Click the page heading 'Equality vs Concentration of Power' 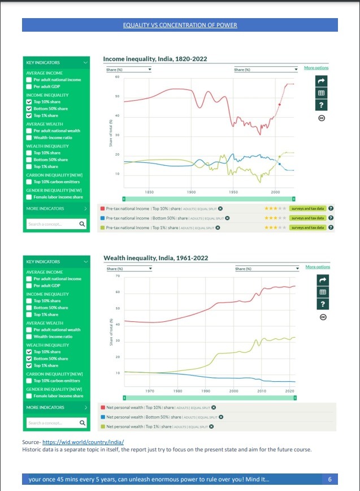tap(180, 25)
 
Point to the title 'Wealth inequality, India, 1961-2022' tap(155, 258)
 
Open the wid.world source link tap(83, 442)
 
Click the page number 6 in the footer tap(329, 480)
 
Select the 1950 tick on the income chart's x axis tap(233, 192)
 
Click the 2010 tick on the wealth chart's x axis tap(262, 391)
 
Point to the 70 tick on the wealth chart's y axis tap(118, 275)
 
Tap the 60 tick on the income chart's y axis tap(117, 76)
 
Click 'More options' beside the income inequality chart tap(316, 68)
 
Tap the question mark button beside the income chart tap(321, 105)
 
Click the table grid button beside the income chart tap(321, 93)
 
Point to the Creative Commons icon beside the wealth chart tap(323, 317)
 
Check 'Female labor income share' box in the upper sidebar tap(29, 197)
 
